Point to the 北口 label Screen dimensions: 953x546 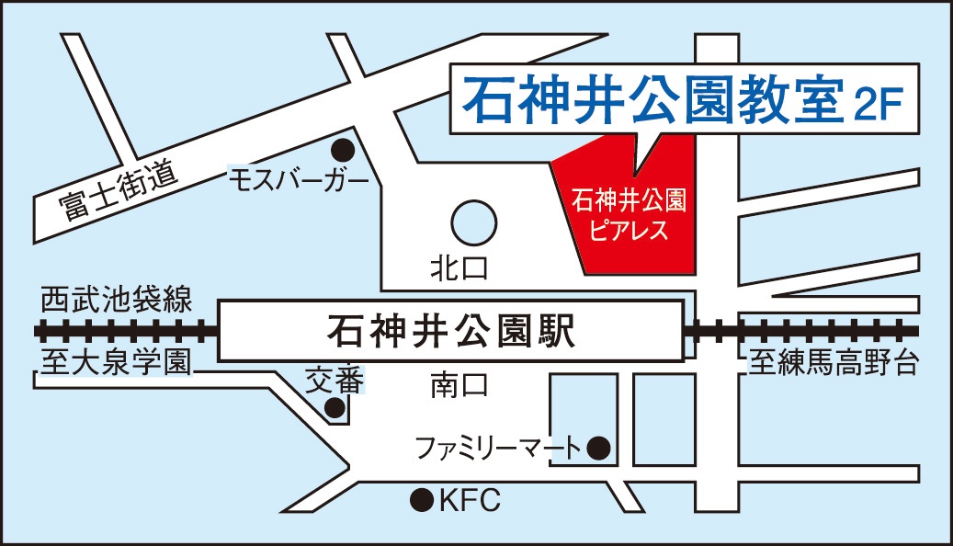point(459,268)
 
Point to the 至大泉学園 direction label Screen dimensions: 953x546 point(116,362)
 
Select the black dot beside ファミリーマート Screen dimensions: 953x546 point(599,449)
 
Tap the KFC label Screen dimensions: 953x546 point(468,500)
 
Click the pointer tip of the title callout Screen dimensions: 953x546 point(637,173)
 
